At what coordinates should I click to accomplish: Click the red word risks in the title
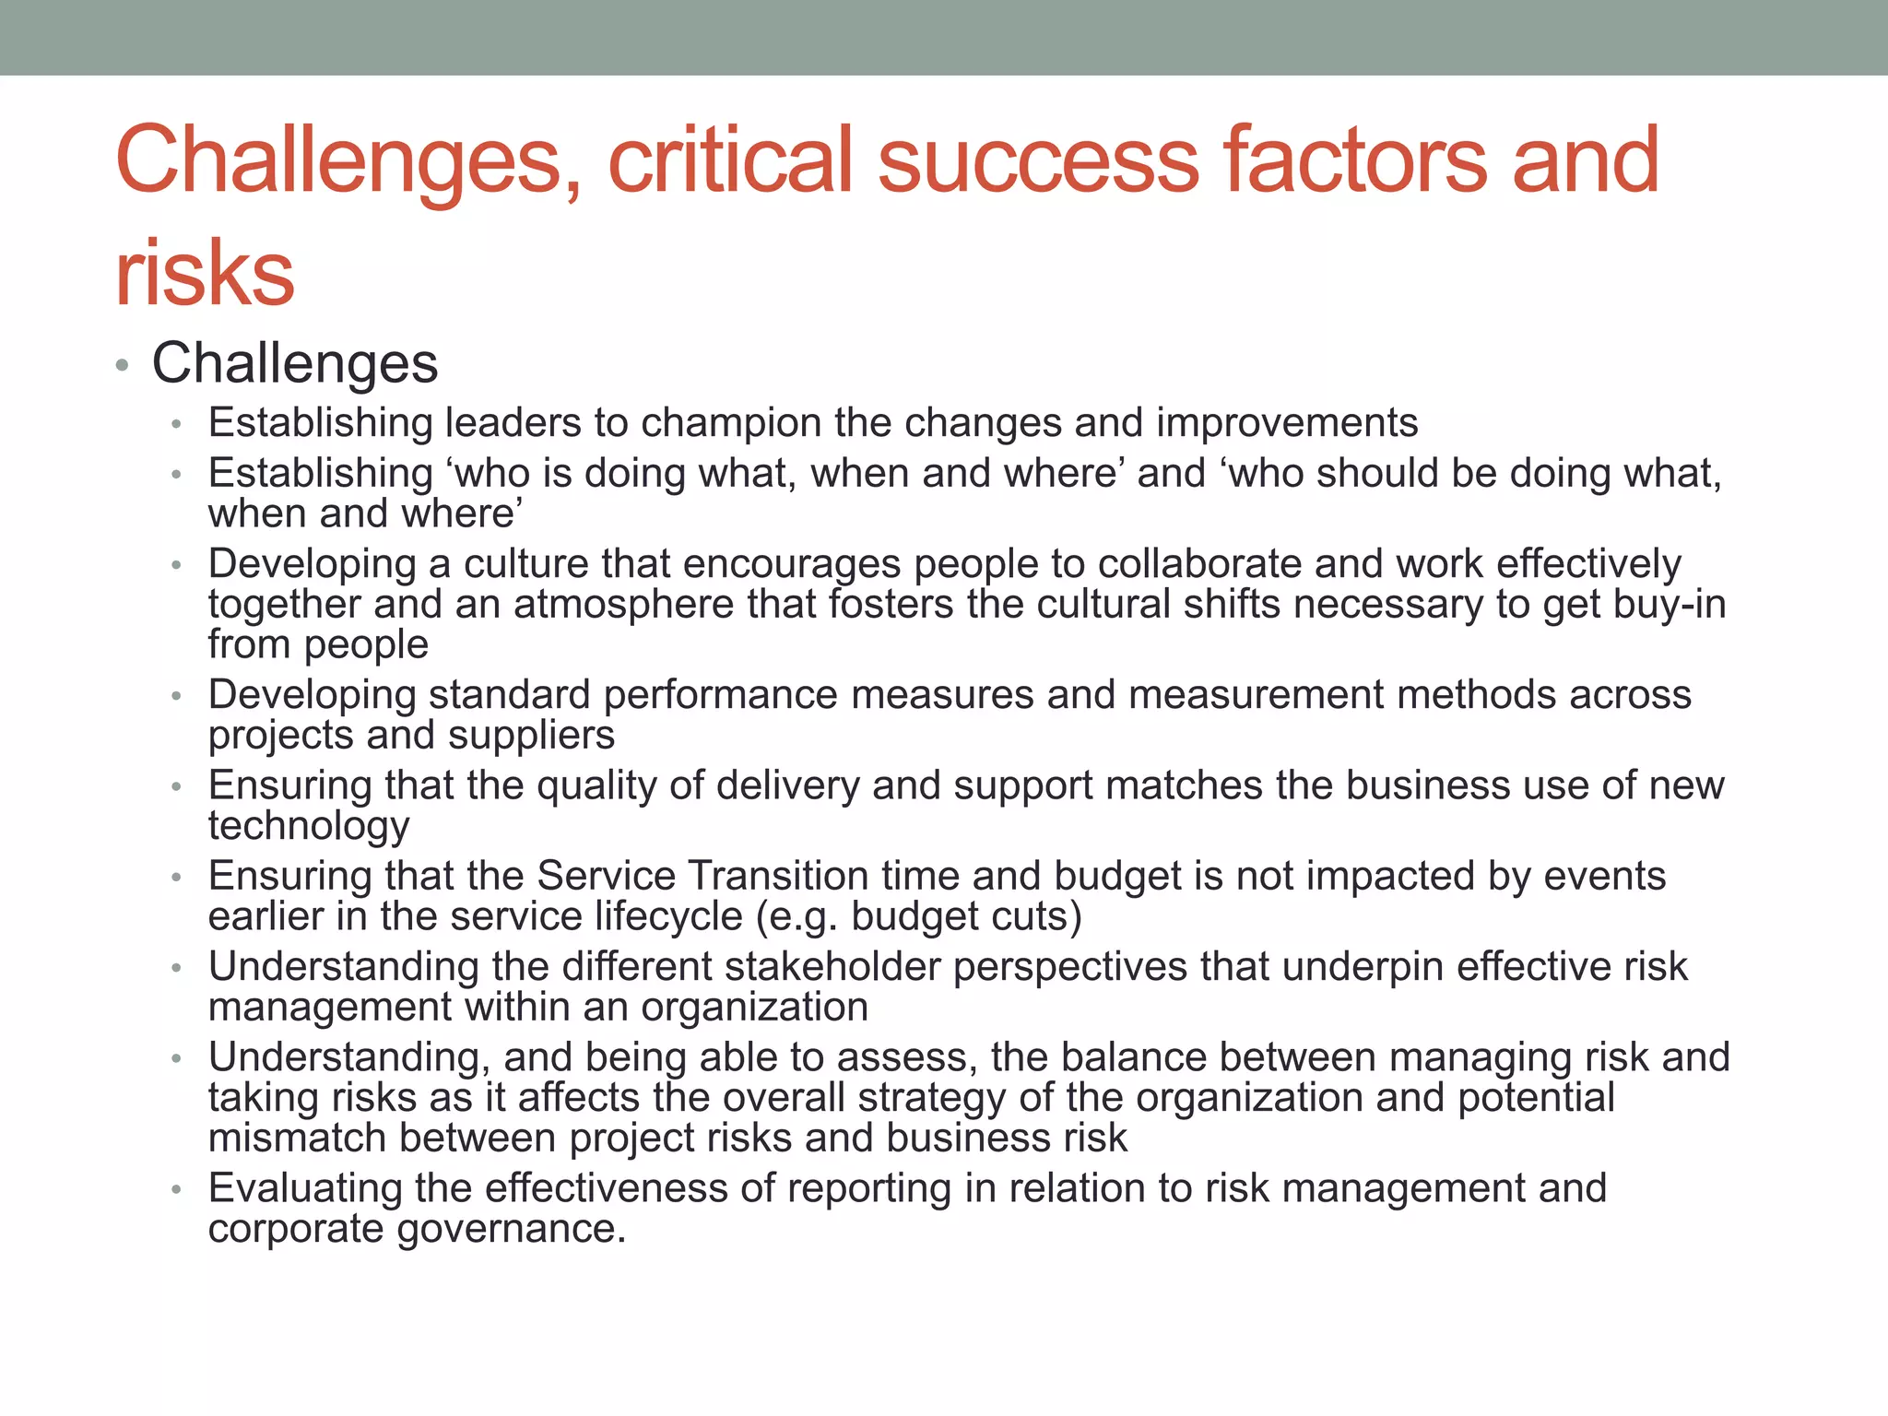click(204, 273)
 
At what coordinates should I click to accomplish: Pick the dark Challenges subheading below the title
click(294, 363)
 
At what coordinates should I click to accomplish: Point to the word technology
click(308, 827)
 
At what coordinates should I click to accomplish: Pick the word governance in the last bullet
click(512, 1230)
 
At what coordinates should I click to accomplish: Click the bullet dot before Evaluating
click(177, 1190)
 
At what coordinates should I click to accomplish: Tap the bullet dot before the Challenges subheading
click(122, 365)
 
